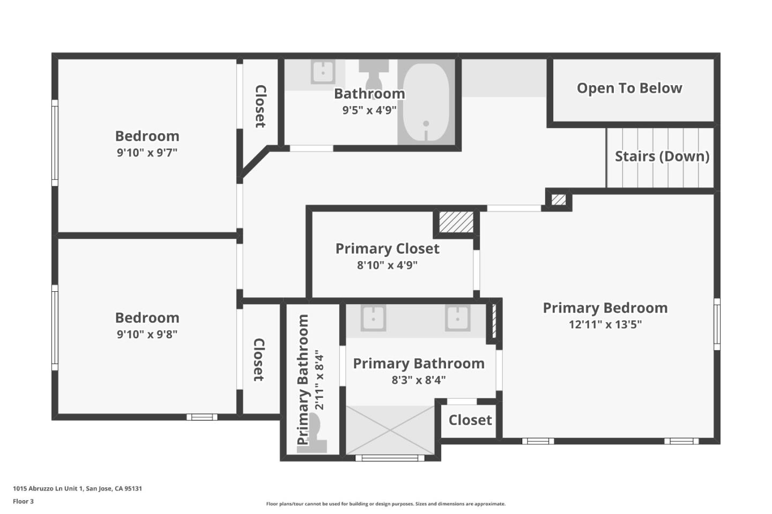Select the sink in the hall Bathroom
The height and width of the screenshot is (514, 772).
(x=323, y=72)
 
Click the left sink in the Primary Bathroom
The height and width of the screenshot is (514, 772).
(x=373, y=318)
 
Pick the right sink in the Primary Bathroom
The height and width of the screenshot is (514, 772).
(x=457, y=318)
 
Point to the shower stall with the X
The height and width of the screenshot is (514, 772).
(x=390, y=430)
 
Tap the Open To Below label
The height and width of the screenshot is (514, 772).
(x=629, y=88)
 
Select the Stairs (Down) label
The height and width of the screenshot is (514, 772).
(x=662, y=156)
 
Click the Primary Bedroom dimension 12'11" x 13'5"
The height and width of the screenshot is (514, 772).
(x=605, y=324)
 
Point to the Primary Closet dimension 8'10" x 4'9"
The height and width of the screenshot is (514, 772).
(x=387, y=265)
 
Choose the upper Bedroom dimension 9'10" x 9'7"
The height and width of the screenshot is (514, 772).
(x=147, y=153)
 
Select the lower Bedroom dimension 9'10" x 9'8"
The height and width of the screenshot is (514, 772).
(x=147, y=334)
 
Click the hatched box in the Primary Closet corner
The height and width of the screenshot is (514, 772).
(x=456, y=222)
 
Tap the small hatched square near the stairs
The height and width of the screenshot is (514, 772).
(x=559, y=200)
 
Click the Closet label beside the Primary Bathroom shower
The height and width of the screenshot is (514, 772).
(x=470, y=420)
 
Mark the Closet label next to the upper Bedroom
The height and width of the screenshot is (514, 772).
(x=260, y=107)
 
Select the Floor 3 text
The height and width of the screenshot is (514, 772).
(x=23, y=502)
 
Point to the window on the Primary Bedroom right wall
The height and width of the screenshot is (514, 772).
(x=717, y=324)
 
